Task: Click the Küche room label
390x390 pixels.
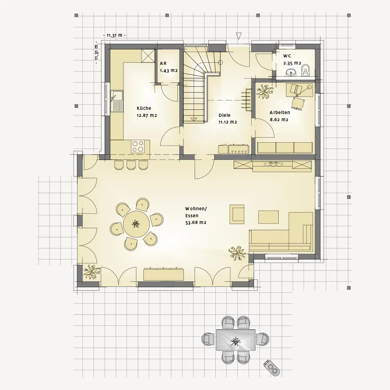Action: point(144,108)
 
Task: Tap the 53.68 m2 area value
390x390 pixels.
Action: point(196,223)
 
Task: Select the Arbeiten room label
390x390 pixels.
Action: point(280,113)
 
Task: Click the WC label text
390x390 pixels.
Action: point(287,56)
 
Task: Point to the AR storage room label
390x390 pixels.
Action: point(163,63)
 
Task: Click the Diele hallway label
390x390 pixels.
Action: point(224,115)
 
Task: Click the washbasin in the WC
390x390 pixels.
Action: point(291,72)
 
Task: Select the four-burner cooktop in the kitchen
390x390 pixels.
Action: point(138,147)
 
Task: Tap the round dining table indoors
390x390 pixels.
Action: point(136,224)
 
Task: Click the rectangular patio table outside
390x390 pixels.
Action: point(236,340)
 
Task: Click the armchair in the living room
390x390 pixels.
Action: point(237,213)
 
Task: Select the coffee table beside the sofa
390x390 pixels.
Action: point(268,217)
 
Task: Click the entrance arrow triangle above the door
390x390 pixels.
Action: point(239,36)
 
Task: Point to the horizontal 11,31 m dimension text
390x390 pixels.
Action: point(114,35)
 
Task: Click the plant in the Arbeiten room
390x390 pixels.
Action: point(265,91)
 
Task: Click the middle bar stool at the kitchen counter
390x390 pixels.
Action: point(131,165)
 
